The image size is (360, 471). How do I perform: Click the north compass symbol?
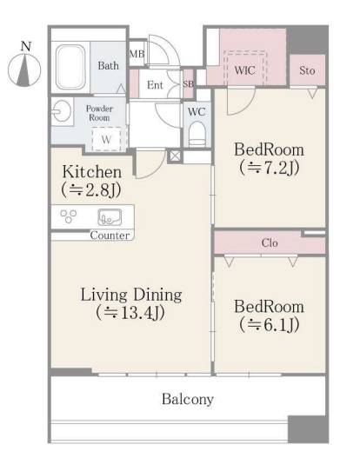(x=24, y=70)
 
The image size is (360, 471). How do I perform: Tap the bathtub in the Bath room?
(x=70, y=67)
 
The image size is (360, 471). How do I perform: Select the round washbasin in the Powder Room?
(x=62, y=112)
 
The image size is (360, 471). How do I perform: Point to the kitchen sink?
(x=110, y=217)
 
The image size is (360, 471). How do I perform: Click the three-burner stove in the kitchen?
(x=69, y=216)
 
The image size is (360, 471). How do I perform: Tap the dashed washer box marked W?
(x=106, y=139)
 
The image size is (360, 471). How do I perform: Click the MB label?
(x=137, y=54)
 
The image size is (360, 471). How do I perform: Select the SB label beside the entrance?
(x=188, y=84)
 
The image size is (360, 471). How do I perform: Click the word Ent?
(x=155, y=85)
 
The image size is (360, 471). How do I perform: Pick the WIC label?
(x=244, y=70)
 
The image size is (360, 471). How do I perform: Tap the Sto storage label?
(x=307, y=70)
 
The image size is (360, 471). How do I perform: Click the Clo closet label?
(x=270, y=242)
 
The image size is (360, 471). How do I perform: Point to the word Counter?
(x=110, y=235)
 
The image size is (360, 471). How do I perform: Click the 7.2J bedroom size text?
(x=270, y=168)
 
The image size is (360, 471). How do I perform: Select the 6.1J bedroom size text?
(x=270, y=324)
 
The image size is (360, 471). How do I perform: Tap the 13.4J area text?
(x=130, y=313)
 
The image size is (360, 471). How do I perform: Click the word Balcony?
(x=188, y=399)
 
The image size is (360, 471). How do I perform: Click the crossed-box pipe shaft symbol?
(x=175, y=156)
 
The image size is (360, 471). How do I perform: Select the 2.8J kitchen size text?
(x=91, y=189)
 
